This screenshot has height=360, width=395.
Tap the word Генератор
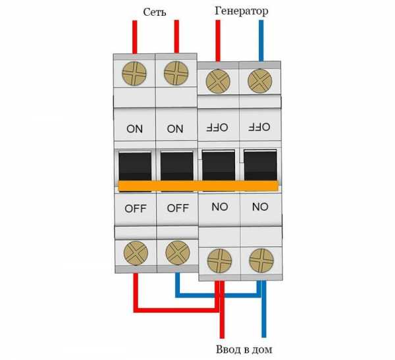click(241, 12)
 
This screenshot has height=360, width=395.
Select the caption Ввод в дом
click(244, 349)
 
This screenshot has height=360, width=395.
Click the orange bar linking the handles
click(197, 186)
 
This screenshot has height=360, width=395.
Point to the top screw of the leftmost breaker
click(135, 74)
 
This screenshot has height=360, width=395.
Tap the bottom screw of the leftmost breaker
click(135, 253)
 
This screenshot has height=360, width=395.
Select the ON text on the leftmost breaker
click(134, 129)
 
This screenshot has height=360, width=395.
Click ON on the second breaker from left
click(176, 129)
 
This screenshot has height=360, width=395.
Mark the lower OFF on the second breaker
click(176, 209)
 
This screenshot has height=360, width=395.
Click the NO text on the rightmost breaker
click(259, 207)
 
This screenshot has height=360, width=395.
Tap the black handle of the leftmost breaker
click(135, 166)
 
